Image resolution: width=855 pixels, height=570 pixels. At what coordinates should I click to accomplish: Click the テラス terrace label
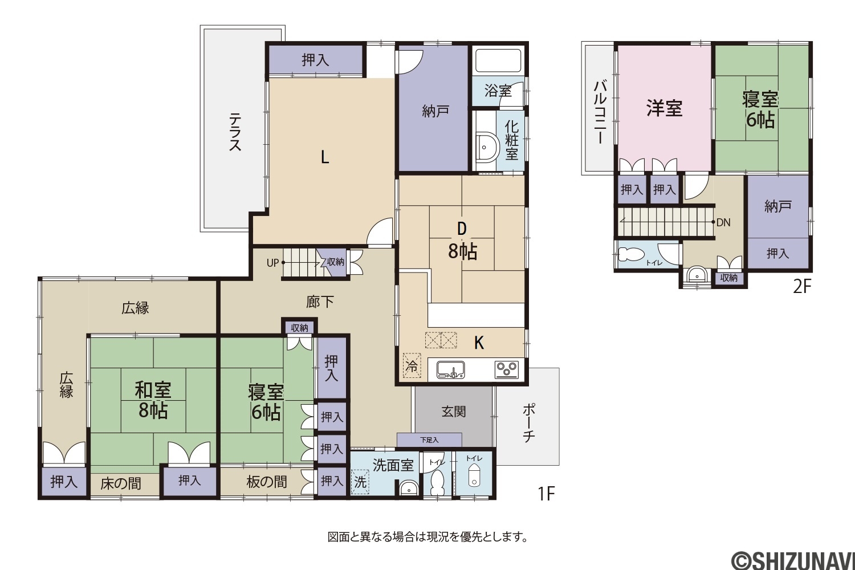[x=235, y=131]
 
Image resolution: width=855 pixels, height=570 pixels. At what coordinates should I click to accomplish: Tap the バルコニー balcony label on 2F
[x=600, y=112]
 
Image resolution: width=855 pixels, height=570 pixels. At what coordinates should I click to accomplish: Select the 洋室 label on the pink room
[x=665, y=108]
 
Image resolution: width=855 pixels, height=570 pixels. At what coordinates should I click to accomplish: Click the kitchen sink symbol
[x=451, y=369]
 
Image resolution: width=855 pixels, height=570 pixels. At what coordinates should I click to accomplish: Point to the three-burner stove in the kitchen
[x=507, y=369]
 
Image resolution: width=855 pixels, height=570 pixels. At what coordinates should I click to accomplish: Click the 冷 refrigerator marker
[x=412, y=366]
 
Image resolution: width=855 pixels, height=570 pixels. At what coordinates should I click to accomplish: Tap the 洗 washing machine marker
[x=360, y=482]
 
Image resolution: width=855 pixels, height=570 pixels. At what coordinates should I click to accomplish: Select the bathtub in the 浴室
[x=498, y=60]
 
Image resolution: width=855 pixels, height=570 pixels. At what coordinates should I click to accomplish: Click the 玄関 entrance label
[x=454, y=412]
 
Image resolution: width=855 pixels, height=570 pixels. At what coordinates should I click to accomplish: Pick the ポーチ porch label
[x=528, y=423]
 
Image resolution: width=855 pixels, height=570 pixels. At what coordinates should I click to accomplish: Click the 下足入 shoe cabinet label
[x=429, y=440]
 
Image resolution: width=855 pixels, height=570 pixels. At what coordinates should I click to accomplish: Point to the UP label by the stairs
[x=272, y=263]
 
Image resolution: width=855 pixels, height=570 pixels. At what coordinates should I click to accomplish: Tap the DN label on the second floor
[x=723, y=222]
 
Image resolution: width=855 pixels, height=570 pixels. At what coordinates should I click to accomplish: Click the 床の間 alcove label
[x=121, y=484]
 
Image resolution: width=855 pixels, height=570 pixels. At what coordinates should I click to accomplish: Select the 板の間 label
[x=266, y=482]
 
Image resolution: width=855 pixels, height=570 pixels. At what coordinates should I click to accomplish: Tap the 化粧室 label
[x=511, y=140]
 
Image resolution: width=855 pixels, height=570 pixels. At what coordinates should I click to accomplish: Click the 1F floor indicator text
[x=546, y=494]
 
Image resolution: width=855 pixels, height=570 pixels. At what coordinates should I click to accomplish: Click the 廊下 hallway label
[x=320, y=302]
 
